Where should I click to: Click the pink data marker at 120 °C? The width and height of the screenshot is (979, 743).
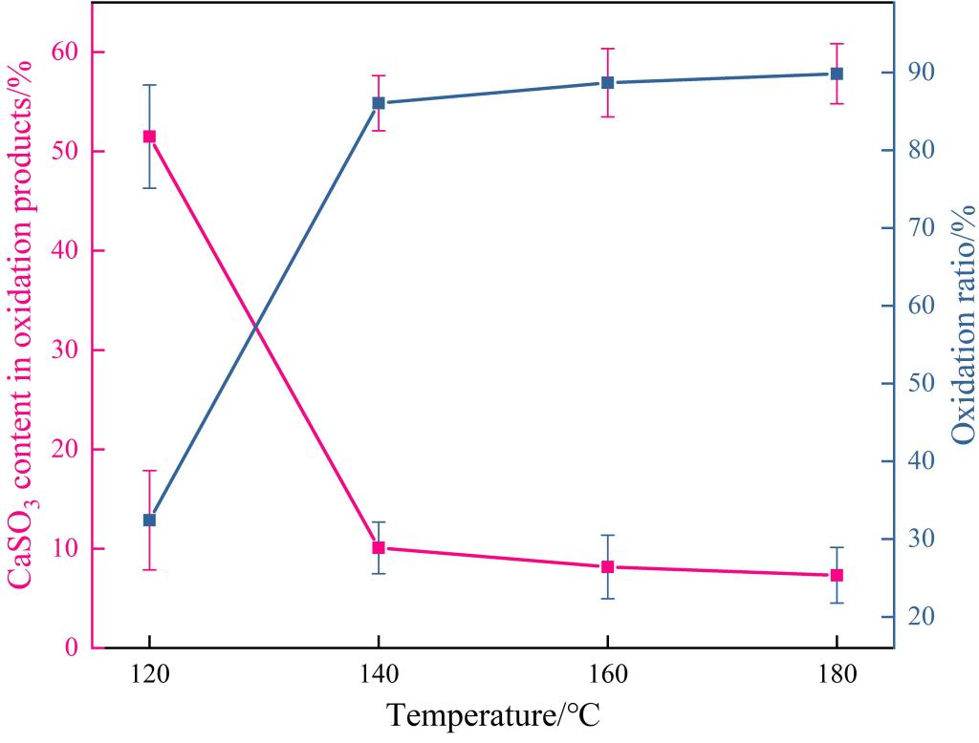(x=149, y=137)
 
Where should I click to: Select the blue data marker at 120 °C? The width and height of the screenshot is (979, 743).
(x=149, y=520)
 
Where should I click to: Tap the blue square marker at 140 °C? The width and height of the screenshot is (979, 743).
(x=379, y=103)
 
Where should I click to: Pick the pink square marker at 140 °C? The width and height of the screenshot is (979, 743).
(x=379, y=547)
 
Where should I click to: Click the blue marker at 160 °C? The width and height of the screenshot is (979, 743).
(x=607, y=83)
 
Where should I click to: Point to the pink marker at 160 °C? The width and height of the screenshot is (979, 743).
(x=607, y=566)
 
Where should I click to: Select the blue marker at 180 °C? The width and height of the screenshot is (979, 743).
(x=837, y=74)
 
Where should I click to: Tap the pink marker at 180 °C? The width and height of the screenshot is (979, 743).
(x=837, y=575)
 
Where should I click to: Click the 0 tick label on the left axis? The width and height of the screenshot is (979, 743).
(x=72, y=648)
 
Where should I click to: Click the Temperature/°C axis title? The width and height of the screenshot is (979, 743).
(x=493, y=714)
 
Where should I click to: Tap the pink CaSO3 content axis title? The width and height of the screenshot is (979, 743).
(x=21, y=325)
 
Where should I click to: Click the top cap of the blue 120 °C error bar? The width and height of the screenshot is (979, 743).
(x=149, y=85)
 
